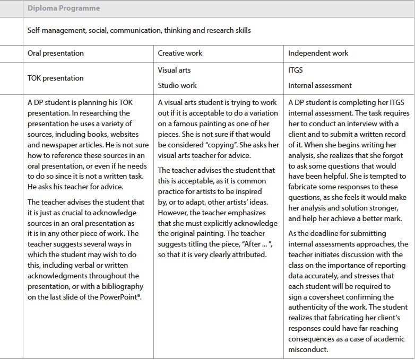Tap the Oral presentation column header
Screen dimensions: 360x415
tap(55, 54)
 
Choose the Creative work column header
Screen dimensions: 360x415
tap(180, 54)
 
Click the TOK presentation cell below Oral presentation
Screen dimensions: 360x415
tap(55, 78)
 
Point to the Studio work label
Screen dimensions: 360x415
tap(177, 85)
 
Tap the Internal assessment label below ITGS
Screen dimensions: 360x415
tap(320, 85)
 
